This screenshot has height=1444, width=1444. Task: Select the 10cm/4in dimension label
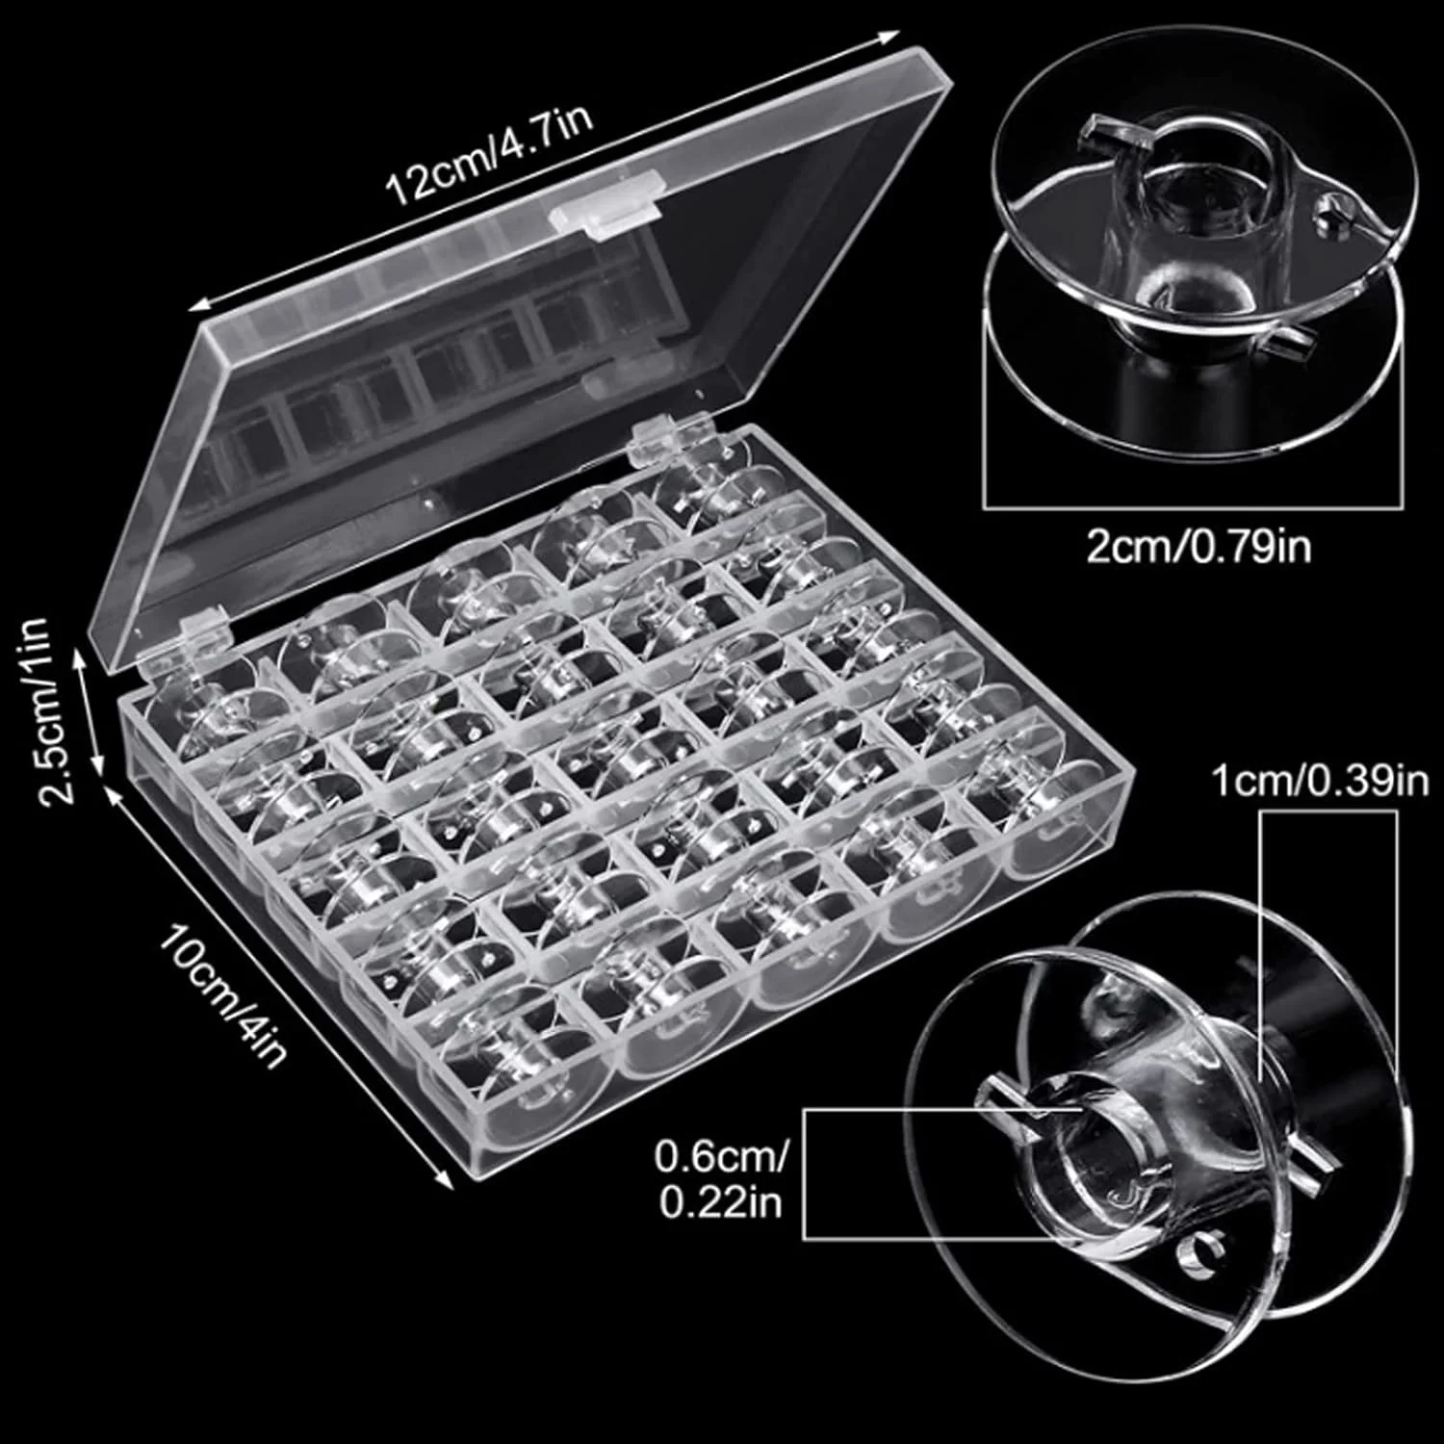[223, 991]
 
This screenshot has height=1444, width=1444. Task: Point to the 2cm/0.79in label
[1199, 547]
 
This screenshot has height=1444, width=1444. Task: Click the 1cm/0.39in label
[1319, 781]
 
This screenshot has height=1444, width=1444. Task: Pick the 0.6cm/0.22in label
[720, 1178]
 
